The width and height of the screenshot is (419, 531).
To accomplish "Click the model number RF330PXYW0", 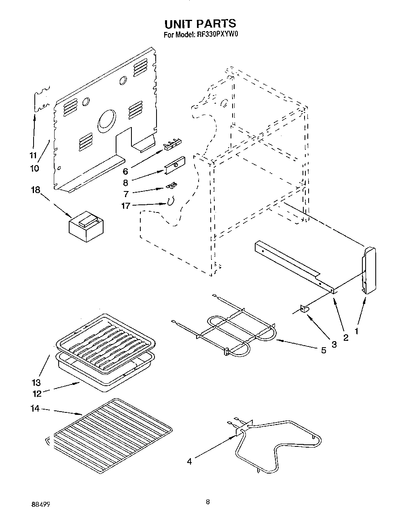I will tap(218, 35).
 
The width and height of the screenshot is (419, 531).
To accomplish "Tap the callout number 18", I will tap(36, 190).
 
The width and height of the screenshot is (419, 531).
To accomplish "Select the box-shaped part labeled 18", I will tap(87, 227).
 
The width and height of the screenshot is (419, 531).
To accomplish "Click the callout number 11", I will tap(33, 155).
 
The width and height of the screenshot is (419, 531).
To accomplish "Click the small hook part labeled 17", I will tap(171, 201).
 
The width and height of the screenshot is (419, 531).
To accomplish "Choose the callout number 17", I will tap(126, 206).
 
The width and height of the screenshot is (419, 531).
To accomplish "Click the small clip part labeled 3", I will tap(305, 310).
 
